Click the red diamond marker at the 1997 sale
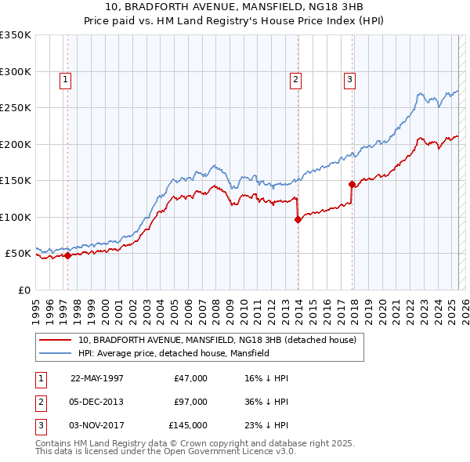pyautogui.click(x=68, y=254)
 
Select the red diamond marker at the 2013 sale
pyautogui.click(x=298, y=220)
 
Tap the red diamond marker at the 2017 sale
pyautogui.click(x=352, y=185)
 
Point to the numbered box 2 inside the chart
pyautogui.click(x=295, y=78)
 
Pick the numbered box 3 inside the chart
pyautogui.click(x=349, y=78)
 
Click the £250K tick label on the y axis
pyautogui.click(x=16, y=107)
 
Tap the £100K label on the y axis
pyautogui.click(x=16, y=217)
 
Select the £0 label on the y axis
pyautogui.click(x=23, y=290)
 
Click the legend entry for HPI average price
pyautogui.click(x=173, y=353)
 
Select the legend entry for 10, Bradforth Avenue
pyautogui.click(x=217, y=340)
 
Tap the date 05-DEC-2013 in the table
pyautogui.click(x=97, y=402)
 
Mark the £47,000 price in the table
pyautogui.click(x=190, y=378)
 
